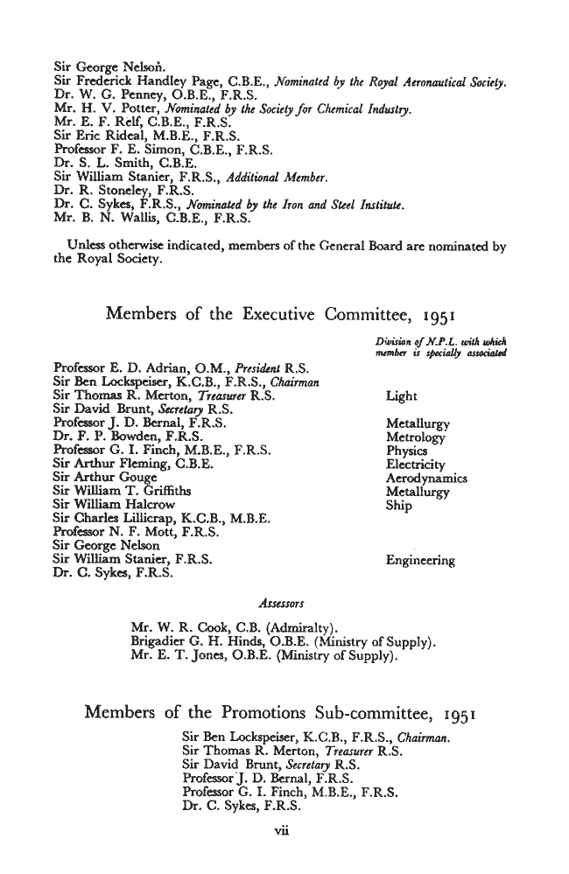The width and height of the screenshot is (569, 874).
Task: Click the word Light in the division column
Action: (401, 396)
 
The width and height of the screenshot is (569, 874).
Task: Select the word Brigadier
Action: (158, 640)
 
